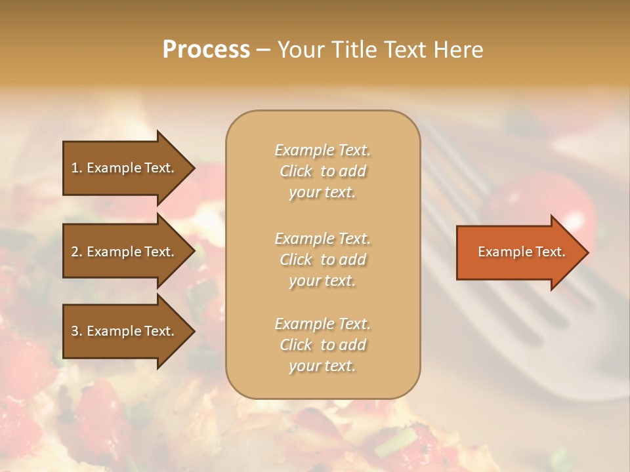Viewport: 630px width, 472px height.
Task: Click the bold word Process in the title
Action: click(206, 50)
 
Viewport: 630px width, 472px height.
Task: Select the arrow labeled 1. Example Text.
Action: click(125, 168)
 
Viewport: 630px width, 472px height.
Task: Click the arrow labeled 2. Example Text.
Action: click(125, 252)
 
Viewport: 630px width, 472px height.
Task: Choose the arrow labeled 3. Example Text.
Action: click(125, 331)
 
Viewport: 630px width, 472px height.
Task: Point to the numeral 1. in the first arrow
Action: click(77, 168)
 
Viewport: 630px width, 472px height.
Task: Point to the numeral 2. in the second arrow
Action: click(77, 252)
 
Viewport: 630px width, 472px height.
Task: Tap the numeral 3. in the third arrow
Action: click(77, 331)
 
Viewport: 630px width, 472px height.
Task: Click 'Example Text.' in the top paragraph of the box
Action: click(322, 150)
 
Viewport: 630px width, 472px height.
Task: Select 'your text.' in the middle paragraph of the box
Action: click(322, 281)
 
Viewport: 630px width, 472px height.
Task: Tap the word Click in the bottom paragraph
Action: click(296, 345)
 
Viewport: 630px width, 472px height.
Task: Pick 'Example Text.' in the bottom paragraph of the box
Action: click(322, 324)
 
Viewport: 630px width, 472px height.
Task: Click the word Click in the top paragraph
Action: click(296, 171)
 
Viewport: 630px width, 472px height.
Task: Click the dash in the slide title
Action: click(263, 50)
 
